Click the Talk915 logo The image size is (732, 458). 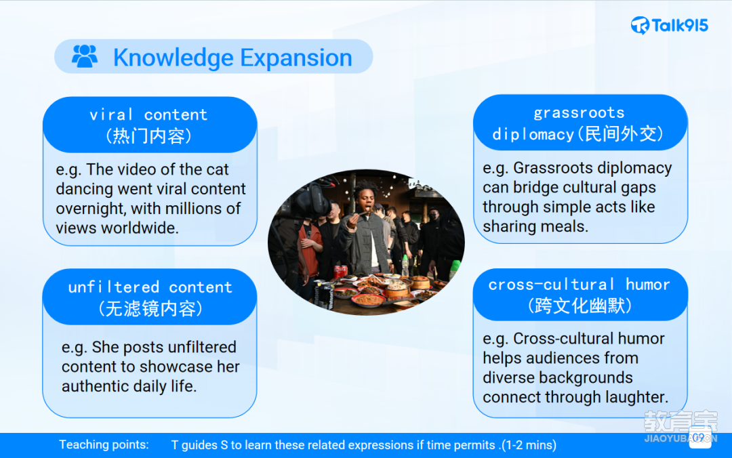(x=670, y=25)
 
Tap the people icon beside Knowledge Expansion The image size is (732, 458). (x=85, y=56)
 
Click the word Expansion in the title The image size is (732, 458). (x=296, y=58)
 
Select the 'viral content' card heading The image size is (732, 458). (x=148, y=114)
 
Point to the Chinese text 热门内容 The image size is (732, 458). (x=149, y=136)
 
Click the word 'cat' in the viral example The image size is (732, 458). (x=217, y=169)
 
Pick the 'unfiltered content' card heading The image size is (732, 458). (x=150, y=287)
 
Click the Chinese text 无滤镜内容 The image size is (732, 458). (x=150, y=308)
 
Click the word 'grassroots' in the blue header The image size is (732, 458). (x=579, y=113)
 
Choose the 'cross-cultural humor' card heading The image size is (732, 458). (x=579, y=285)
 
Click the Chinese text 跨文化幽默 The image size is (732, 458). (x=579, y=306)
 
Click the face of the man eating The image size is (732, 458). (x=365, y=199)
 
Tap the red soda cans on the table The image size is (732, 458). (x=340, y=272)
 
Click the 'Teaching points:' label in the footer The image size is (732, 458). (x=104, y=444)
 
